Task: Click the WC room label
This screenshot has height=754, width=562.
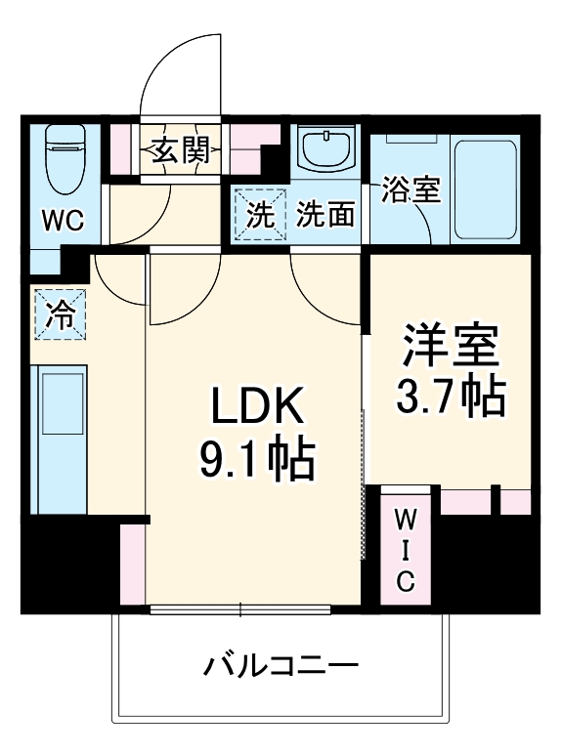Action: (63, 221)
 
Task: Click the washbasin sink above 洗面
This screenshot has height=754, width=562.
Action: (325, 150)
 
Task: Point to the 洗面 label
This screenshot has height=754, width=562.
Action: (325, 214)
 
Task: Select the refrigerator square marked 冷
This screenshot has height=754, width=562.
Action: (60, 314)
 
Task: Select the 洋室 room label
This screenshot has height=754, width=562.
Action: (451, 345)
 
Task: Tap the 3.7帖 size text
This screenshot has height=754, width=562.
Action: (451, 395)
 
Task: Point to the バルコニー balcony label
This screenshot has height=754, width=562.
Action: (281, 668)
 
